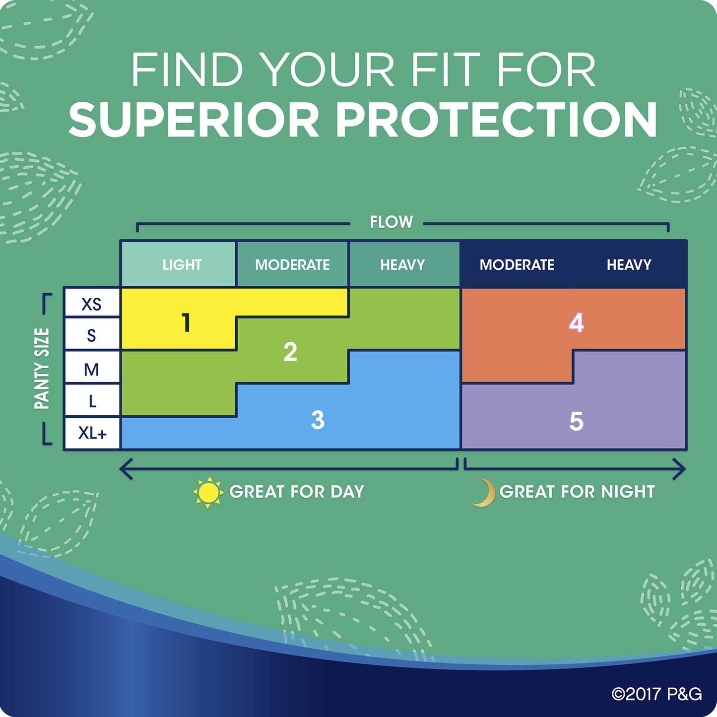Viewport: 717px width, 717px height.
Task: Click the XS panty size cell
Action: pyautogui.click(x=92, y=303)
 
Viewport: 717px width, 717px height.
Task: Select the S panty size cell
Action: pyautogui.click(x=92, y=334)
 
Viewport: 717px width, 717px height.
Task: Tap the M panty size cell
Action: pyautogui.click(x=92, y=367)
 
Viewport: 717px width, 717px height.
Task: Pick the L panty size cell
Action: pyautogui.click(x=92, y=400)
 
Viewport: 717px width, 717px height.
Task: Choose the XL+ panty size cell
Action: pyautogui.click(x=92, y=433)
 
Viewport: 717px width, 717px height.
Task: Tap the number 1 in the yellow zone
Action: pyautogui.click(x=186, y=322)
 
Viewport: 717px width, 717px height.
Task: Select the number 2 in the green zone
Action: pyautogui.click(x=290, y=352)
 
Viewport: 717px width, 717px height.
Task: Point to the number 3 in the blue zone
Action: pyautogui.click(x=318, y=420)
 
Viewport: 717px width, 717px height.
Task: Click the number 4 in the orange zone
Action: pyautogui.click(x=576, y=323)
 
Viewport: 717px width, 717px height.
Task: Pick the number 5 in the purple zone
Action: pyautogui.click(x=576, y=421)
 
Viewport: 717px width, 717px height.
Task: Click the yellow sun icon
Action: pyautogui.click(x=208, y=492)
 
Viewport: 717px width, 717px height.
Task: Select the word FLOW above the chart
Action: pyautogui.click(x=391, y=222)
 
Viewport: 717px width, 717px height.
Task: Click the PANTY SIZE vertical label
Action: pyautogui.click(x=42, y=368)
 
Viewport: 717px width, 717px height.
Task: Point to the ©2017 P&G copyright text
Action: pyautogui.click(x=657, y=694)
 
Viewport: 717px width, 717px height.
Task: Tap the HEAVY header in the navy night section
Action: pyautogui.click(x=629, y=264)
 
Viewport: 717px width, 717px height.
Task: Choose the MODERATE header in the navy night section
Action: pyautogui.click(x=517, y=264)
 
